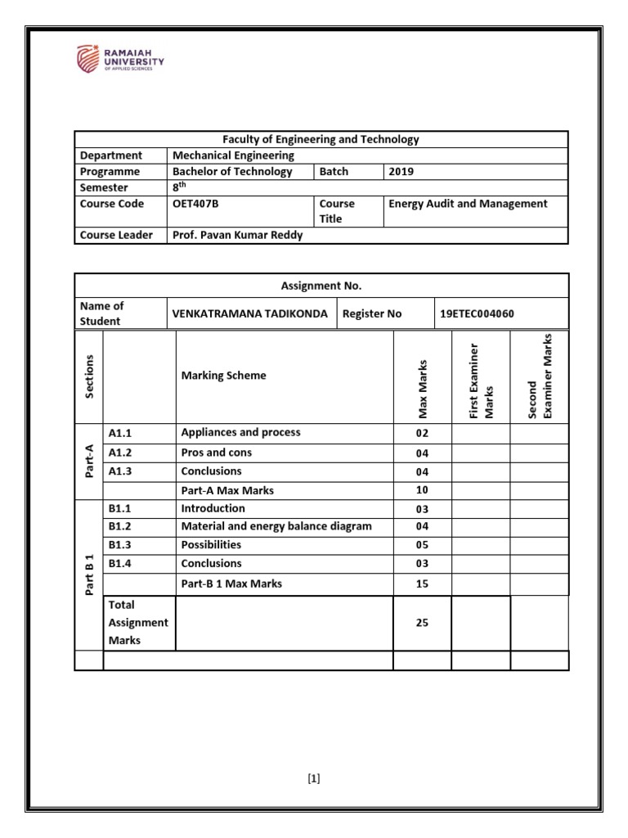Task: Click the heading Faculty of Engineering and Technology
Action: [321, 139]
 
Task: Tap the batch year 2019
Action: [402, 172]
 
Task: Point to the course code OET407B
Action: [194, 204]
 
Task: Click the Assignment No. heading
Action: [321, 286]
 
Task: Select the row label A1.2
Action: [123, 453]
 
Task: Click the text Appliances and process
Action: [240, 433]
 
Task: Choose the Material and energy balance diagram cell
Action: [276, 526]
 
